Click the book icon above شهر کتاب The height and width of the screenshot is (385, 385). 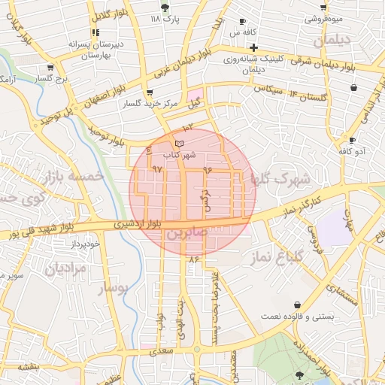[178, 143]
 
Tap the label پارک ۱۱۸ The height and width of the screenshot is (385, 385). [166, 17]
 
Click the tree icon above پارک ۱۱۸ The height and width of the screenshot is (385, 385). [165, 5]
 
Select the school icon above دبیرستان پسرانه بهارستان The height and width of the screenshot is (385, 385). [95, 32]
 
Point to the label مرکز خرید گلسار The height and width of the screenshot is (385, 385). [152, 104]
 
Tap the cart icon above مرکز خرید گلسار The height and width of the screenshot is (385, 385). [150, 92]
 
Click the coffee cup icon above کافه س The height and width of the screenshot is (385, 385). [242, 21]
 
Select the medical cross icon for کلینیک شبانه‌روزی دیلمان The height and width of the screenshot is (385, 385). [254, 47]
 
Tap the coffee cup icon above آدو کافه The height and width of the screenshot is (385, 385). [351, 140]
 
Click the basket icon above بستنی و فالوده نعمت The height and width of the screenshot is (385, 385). [299, 305]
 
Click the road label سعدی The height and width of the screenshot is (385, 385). [161, 351]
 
